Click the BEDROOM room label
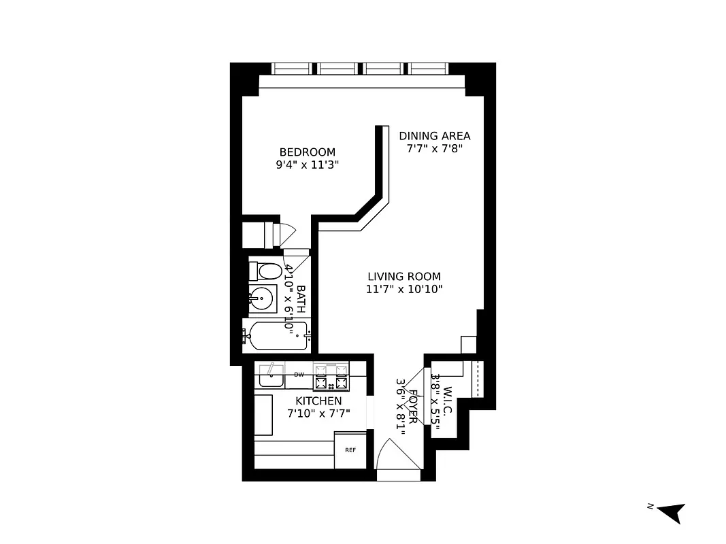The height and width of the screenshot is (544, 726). click(x=308, y=152)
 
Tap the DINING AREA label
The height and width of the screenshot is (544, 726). click(x=434, y=136)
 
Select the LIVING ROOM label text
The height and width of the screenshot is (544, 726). click(x=404, y=276)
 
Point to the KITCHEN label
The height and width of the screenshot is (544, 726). click(x=318, y=401)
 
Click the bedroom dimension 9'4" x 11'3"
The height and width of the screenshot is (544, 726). click(x=308, y=164)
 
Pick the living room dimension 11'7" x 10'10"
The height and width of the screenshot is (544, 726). click(x=404, y=289)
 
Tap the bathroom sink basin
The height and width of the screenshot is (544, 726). click(x=259, y=298)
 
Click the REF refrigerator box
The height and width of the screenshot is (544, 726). click(x=350, y=450)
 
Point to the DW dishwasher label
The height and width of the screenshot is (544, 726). click(x=299, y=375)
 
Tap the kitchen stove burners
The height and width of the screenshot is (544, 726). click(x=331, y=376)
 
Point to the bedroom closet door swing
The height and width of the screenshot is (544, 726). click(x=286, y=232)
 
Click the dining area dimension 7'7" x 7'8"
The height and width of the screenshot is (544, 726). click(x=434, y=149)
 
